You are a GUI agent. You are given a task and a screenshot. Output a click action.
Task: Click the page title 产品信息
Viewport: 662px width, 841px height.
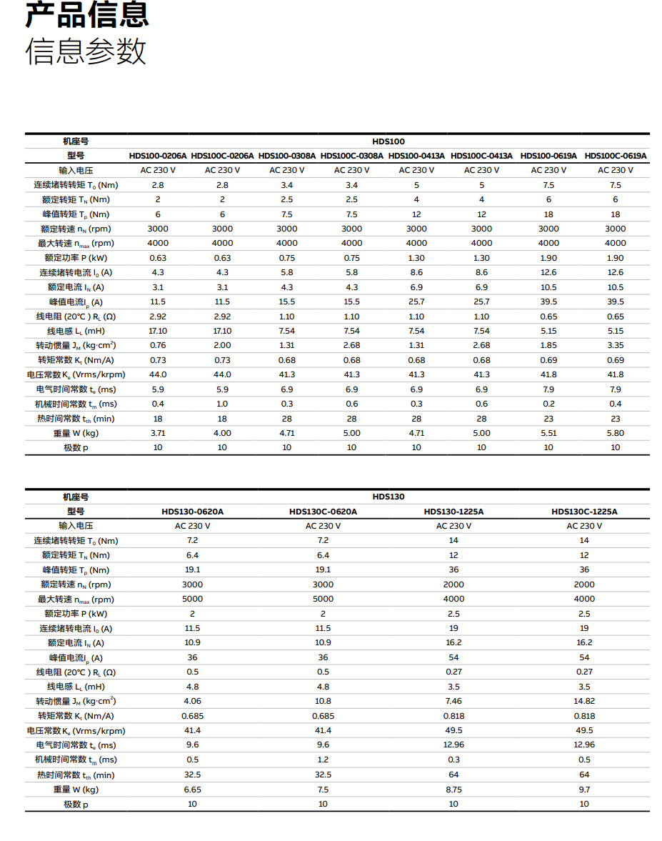coord(87,15)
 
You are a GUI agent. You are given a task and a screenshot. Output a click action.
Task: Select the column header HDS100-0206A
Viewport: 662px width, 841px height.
coord(158,156)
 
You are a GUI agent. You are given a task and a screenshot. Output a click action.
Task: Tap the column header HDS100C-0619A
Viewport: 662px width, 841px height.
coord(615,156)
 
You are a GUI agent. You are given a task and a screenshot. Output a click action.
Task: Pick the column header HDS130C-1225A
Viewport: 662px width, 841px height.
coord(584,512)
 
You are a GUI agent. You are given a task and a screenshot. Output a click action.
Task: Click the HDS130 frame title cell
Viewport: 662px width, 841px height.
coord(388,497)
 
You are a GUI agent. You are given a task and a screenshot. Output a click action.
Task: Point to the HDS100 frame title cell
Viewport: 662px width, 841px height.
coord(388,141)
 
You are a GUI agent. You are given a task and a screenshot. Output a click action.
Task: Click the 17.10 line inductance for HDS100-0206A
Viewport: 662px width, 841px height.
coord(158,331)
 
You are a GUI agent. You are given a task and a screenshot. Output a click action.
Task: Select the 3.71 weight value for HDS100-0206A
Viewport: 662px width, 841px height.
coord(158,433)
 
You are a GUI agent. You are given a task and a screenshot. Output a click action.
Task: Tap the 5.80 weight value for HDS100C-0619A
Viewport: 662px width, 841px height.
coord(615,433)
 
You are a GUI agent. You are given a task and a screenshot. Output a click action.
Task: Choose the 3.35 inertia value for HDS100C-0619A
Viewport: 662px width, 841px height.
coord(615,346)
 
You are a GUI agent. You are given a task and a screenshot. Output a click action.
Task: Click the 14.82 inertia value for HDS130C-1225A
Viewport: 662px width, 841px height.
coord(584,701)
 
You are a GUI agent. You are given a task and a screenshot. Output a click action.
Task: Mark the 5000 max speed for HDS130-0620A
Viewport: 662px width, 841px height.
coord(193,599)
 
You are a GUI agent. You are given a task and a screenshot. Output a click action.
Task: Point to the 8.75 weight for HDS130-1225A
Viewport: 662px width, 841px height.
coord(453,789)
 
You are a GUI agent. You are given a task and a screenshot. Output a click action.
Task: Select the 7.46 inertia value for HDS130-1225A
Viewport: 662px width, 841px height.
coord(453,701)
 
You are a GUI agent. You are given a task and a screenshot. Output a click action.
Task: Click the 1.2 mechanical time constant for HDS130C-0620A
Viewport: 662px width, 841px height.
coord(323,760)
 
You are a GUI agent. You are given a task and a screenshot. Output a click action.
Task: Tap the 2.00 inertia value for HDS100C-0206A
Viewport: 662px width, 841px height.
coord(222,346)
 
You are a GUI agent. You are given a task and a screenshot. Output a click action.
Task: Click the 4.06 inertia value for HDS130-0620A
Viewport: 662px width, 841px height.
coord(193,701)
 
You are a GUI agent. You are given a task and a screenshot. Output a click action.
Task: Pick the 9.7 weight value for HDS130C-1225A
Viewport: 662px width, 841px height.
coord(584,789)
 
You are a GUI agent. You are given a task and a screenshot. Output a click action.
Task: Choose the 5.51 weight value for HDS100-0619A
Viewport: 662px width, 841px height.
coord(548,433)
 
